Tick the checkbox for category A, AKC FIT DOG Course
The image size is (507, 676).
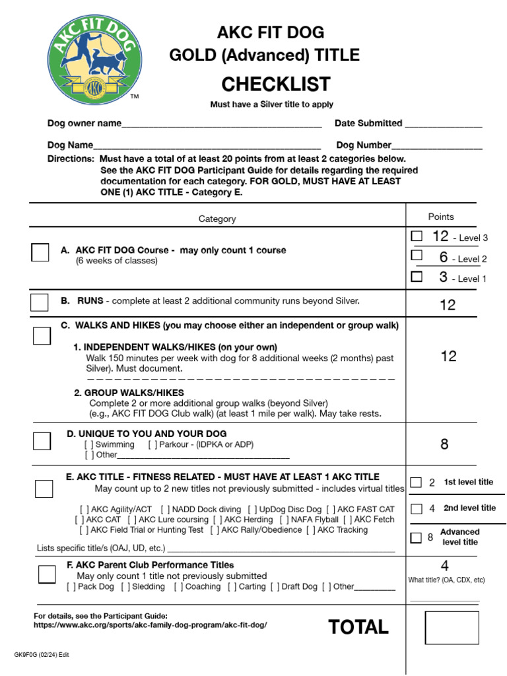pyautogui.click(x=40, y=252)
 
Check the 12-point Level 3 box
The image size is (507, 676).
pyautogui.click(x=417, y=236)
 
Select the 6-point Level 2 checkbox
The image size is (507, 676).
pyautogui.click(x=417, y=255)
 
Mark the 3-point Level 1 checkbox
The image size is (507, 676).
pyautogui.click(x=417, y=277)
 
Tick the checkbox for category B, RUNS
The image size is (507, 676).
pyautogui.click(x=40, y=302)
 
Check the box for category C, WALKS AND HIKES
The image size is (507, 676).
pyautogui.click(x=42, y=335)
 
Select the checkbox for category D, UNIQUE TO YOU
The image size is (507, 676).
pyautogui.click(x=42, y=441)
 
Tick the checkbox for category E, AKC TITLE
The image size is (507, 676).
pyautogui.click(x=44, y=489)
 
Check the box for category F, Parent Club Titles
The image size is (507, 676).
pyautogui.click(x=47, y=574)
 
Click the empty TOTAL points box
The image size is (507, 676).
pyautogui.click(x=452, y=628)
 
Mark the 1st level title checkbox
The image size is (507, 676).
pyautogui.click(x=416, y=483)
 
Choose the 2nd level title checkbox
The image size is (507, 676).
pyautogui.click(x=416, y=509)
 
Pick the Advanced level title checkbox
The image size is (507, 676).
pyautogui.click(x=416, y=537)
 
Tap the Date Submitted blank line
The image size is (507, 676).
pyautogui.click(x=443, y=124)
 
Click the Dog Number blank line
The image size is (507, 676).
pyautogui.click(x=437, y=146)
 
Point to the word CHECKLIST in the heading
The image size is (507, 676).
pyautogui.click(x=276, y=84)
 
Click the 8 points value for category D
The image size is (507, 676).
pyautogui.click(x=444, y=444)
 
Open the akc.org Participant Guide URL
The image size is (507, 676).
pyautogui.click(x=151, y=625)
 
